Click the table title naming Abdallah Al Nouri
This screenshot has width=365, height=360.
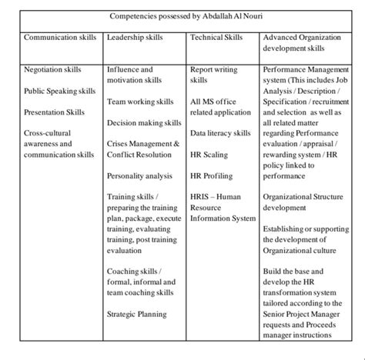pos(182,15)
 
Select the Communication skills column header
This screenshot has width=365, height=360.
pos(61,37)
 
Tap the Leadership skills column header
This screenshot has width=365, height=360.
pos(136,37)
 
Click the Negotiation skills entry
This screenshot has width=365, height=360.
pos(53,69)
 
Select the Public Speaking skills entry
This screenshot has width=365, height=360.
pos(60,91)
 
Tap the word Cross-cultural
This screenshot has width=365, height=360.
pos(49,133)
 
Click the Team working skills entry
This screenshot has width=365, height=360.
pos(141,101)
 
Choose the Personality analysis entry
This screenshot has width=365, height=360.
pos(139,175)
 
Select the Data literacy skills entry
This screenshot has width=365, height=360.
pos(220,133)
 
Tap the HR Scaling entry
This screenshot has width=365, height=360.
pos(207,154)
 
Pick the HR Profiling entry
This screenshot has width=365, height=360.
pos(211,175)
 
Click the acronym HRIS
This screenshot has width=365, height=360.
pos(199,197)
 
